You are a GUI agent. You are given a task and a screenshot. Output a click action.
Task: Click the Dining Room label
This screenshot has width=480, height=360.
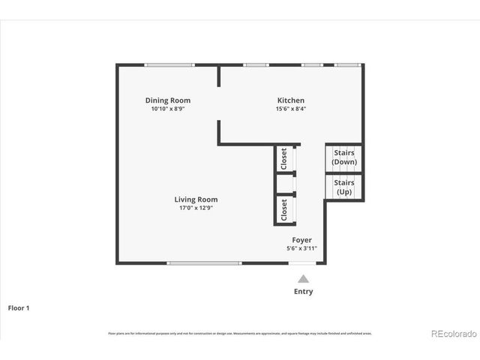tap(167, 100)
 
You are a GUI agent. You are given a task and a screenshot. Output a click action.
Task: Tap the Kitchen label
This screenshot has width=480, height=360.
tap(291, 100)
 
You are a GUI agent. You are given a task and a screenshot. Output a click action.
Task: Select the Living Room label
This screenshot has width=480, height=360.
tap(196, 199)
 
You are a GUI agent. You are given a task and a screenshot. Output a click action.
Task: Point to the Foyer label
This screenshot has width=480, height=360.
tap(302, 240)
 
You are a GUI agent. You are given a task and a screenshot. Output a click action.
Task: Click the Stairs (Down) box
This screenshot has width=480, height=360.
tap(343, 157)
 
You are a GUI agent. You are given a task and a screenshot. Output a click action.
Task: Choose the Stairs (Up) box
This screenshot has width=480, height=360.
tap(343, 187)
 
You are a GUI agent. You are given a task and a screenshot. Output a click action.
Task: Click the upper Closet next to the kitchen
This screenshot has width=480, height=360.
tap(283, 158)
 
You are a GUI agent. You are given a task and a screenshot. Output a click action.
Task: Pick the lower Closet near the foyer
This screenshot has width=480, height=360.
tap(283, 210)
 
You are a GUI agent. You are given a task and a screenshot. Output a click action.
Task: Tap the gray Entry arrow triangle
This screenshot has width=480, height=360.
tap(303, 278)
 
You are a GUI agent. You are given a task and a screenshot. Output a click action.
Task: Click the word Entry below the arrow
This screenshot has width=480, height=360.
tap(303, 292)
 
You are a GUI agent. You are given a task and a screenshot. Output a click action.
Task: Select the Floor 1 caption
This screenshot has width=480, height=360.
tap(19, 307)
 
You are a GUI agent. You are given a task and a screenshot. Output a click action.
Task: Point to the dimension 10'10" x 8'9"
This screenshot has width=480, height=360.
tap(167, 109)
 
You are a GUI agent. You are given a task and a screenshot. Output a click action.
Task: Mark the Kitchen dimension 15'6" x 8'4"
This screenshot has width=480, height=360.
tap(291, 109)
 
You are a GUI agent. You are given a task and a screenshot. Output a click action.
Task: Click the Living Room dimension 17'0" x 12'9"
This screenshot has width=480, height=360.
tap(196, 208)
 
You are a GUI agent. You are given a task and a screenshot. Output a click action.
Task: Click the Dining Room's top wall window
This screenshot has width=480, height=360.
tap(169, 65)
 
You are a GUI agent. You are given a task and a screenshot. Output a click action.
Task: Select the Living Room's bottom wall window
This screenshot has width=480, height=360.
tap(204, 263)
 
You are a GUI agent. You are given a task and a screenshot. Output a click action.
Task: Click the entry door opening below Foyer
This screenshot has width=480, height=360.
tap(303, 263)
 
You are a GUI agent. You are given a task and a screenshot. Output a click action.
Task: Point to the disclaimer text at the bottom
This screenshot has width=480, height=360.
tap(240, 333)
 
